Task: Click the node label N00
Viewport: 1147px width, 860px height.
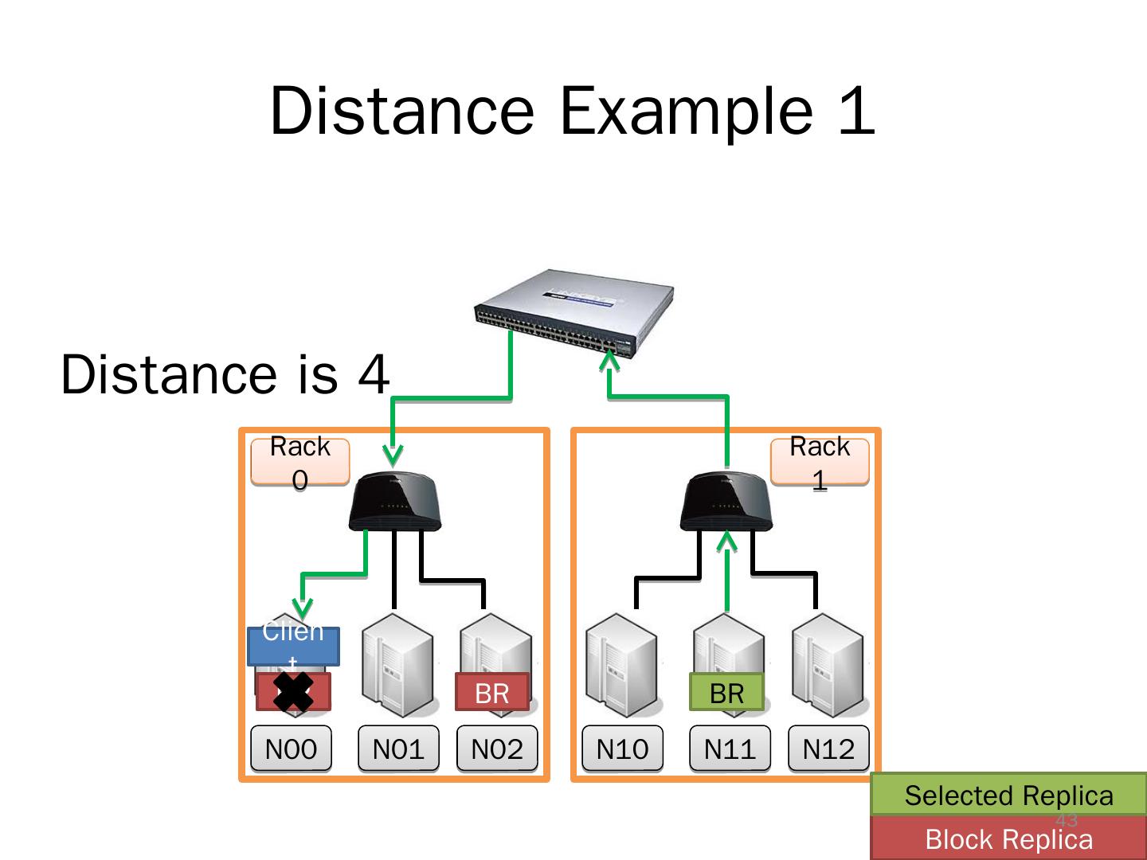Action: point(291,749)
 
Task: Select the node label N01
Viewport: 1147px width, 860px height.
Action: point(398,749)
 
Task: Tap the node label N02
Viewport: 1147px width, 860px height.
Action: point(497,749)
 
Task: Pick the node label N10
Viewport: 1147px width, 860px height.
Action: point(622,749)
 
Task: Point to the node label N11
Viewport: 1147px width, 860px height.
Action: point(730,749)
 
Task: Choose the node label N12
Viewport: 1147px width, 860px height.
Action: point(828,749)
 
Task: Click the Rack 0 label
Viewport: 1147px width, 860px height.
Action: point(300,462)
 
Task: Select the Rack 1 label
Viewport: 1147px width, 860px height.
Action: point(820,462)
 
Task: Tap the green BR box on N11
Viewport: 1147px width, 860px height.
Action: point(726,693)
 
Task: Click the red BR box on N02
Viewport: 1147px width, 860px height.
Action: point(492,693)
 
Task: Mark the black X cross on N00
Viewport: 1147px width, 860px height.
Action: point(293,691)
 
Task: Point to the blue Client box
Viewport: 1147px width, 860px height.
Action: point(293,646)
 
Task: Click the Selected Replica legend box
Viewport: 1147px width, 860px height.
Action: point(1008,795)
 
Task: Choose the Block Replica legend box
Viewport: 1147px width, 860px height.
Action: point(1008,838)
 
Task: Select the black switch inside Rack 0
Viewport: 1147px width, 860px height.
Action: point(395,502)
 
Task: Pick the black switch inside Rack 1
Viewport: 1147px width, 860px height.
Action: point(726,502)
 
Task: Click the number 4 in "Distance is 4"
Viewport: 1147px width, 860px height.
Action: point(374,374)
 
